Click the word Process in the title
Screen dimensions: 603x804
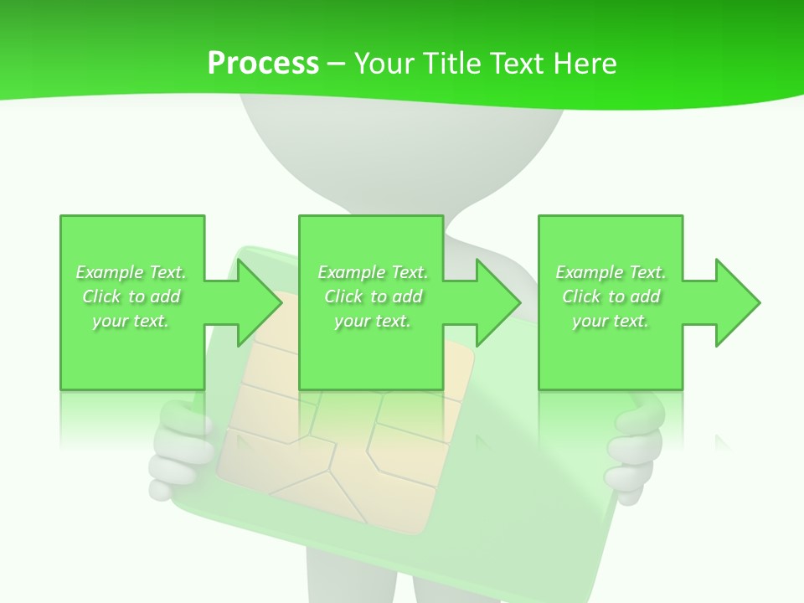tap(263, 64)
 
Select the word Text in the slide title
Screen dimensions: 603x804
tap(518, 64)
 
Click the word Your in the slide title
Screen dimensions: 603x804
tap(386, 64)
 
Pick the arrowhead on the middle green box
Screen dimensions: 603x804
tap(498, 302)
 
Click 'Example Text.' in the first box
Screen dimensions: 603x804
tap(131, 272)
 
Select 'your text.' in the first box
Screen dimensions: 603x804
tap(131, 321)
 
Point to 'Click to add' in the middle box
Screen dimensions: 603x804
tap(373, 296)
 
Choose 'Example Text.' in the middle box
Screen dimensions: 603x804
tap(373, 272)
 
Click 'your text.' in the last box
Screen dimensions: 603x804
tap(611, 321)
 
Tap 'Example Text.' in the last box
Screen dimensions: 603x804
tap(611, 272)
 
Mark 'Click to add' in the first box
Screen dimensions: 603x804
tap(131, 296)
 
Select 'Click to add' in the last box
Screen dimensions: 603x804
tap(611, 296)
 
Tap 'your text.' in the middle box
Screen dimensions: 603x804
tap(373, 321)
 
